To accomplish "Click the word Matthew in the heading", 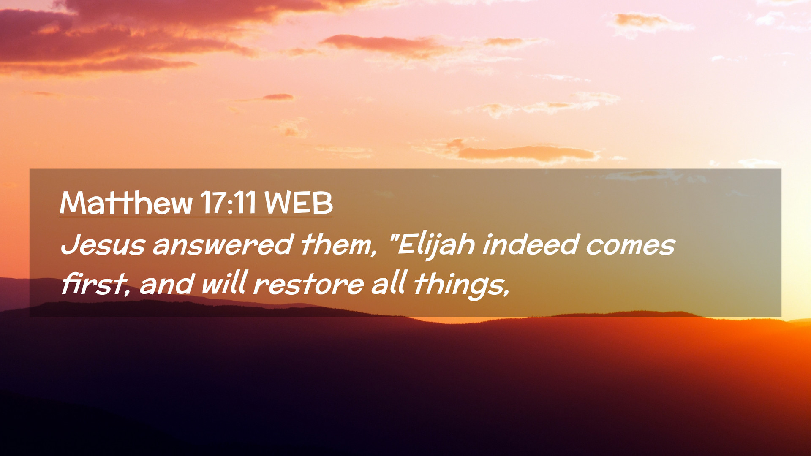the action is (x=126, y=203).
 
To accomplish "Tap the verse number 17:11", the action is (x=228, y=203).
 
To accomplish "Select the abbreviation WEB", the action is (x=299, y=203).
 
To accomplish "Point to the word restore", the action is (x=308, y=284).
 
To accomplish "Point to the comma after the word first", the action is (x=127, y=291).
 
